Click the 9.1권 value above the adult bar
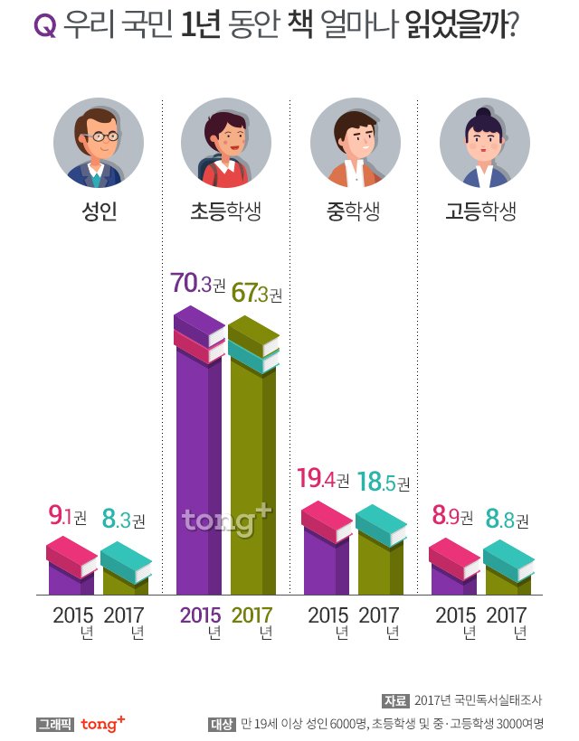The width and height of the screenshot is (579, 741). pyautogui.click(x=68, y=518)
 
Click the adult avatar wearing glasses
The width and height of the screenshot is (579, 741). pyautogui.click(x=99, y=143)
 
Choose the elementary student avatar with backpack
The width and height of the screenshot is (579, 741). pyautogui.click(x=226, y=143)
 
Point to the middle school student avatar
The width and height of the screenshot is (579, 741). pyautogui.click(x=355, y=143)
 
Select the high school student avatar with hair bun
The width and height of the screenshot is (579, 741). pyautogui.click(x=484, y=143)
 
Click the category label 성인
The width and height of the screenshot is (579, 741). pyautogui.click(x=100, y=213)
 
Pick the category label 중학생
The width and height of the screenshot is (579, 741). pyautogui.click(x=353, y=213)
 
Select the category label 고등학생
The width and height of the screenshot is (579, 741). pyautogui.click(x=480, y=213)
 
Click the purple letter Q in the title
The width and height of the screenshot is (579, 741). pyautogui.click(x=44, y=27)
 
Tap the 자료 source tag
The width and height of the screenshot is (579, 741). pyautogui.click(x=395, y=700)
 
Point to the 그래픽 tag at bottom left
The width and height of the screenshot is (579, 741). pyautogui.click(x=53, y=724)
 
